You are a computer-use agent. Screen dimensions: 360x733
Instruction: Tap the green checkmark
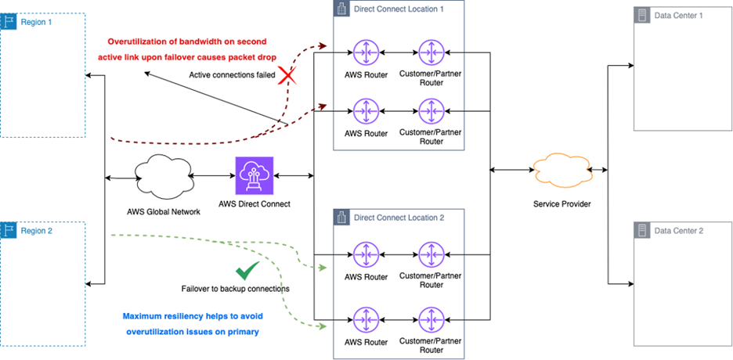coord(248,271)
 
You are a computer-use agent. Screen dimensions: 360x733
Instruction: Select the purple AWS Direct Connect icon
coord(254,176)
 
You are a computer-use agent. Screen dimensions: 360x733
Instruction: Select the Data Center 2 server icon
coord(642,231)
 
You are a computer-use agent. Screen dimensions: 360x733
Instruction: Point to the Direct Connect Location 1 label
coord(399,9)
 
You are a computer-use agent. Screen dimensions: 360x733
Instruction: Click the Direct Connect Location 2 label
coord(399,217)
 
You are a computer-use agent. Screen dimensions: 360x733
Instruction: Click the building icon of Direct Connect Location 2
coord(341,217)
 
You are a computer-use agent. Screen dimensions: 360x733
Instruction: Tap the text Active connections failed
coord(233,75)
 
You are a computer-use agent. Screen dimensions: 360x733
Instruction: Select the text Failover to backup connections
coord(235,288)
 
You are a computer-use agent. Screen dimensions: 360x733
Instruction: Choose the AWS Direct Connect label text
coord(255,204)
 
